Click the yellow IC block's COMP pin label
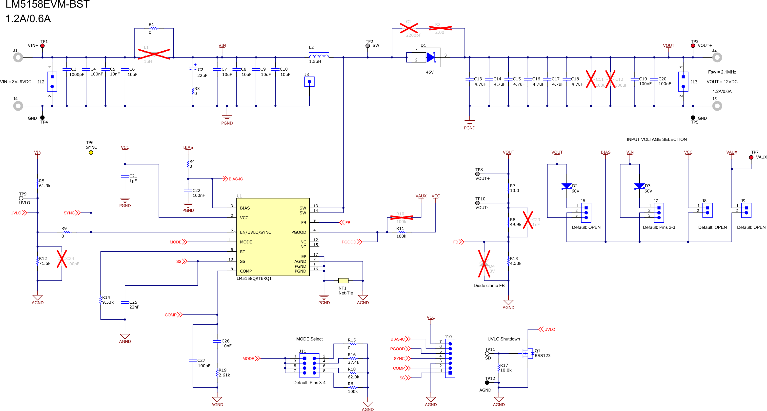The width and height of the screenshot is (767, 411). tap(246, 271)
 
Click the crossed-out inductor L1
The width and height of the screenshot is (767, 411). tap(154, 55)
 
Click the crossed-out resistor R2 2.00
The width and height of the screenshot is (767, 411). tap(440, 28)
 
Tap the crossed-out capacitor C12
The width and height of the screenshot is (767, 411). tap(610, 79)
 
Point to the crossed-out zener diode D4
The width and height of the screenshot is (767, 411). tap(484, 264)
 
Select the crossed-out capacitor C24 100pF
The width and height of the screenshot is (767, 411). tap(62, 259)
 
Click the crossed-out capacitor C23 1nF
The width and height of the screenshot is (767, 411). tap(528, 220)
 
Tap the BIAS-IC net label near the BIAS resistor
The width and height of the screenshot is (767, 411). tap(235, 179)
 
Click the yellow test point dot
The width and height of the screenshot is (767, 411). tap(91, 153)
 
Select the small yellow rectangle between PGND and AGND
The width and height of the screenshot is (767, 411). tap(343, 281)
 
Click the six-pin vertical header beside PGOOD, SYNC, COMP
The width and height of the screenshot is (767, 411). tap(450, 358)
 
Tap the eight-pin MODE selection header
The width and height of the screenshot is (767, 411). tap(309, 366)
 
